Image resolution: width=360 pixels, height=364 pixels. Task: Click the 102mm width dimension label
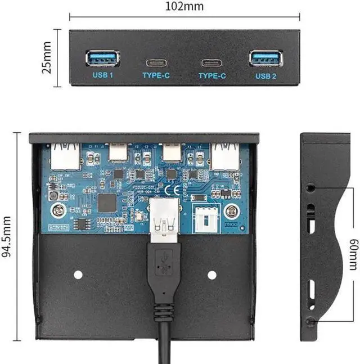[x=184, y=7]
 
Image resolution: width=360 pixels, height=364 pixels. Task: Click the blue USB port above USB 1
[x=102, y=58]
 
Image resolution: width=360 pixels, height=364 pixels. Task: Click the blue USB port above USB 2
[x=265, y=58]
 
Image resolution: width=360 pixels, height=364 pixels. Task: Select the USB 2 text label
[x=266, y=75]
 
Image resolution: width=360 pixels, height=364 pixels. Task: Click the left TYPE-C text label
[x=156, y=75]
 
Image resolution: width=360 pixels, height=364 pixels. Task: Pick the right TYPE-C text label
[x=212, y=75]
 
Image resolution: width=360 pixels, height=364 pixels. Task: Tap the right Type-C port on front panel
[x=212, y=62]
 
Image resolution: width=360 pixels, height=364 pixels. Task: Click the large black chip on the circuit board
[x=106, y=203]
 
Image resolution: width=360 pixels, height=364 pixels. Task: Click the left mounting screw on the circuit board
[x=56, y=212]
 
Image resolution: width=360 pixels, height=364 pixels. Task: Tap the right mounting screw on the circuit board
[x=230, y=212]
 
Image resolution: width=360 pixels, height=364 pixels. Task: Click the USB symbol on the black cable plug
[x=164, y=261]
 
